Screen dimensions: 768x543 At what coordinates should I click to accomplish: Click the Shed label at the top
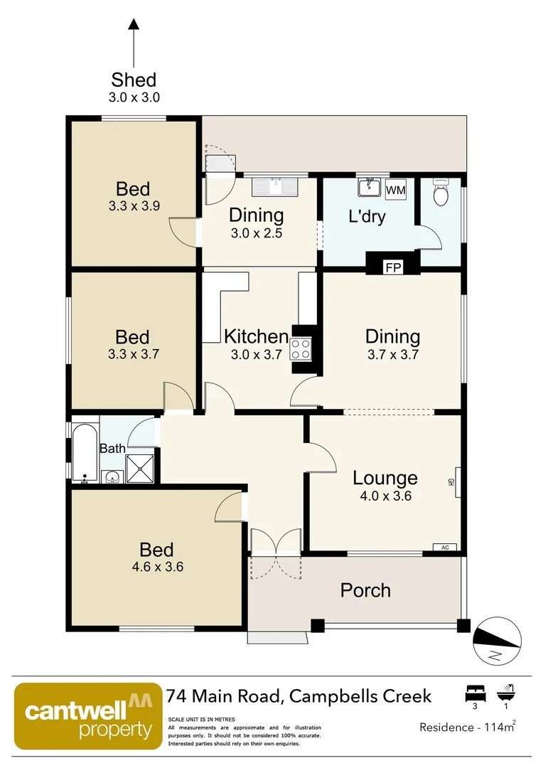coord(133,80)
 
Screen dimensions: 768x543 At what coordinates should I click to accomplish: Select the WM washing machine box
coord(395,191)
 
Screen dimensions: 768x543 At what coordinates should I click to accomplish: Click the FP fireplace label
coord(391,267)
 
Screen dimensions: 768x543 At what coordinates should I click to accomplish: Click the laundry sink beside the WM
coord(370,188)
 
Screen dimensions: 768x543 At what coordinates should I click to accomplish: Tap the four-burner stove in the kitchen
coord(301,348)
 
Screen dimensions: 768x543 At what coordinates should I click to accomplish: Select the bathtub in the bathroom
coord(84,453)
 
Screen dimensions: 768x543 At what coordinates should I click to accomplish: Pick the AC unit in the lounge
coord(445,548)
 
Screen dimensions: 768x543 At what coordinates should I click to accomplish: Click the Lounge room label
coord(385,478)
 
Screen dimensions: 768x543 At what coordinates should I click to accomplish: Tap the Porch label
coord(365,590)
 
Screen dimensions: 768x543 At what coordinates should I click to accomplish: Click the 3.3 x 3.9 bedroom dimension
coord(133,206)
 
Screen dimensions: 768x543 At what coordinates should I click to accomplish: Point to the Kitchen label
coord(256,336)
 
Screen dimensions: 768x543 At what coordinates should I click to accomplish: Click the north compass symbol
coord(497,641)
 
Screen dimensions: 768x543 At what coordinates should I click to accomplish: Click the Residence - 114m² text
coord(466,727)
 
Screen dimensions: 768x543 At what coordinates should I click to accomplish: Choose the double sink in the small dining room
coord(276,186)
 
